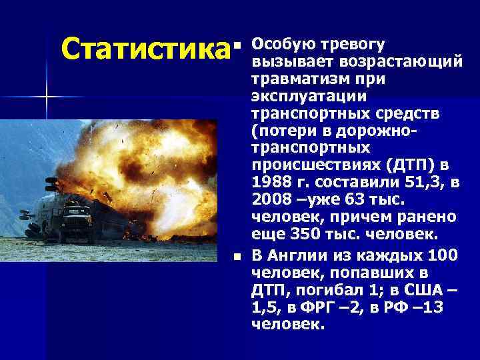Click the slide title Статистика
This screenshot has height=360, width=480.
coord(141,49)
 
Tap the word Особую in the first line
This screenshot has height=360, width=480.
coord(278,45)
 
